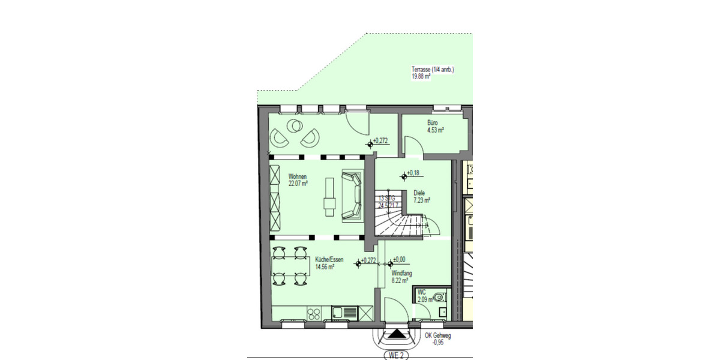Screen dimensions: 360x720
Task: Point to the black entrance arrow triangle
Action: point(396,334)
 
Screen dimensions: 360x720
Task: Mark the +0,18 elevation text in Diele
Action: point(413,173)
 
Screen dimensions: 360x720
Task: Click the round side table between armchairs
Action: point(295,126)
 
